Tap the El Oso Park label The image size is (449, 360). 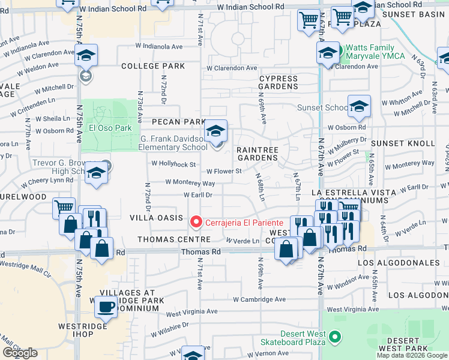point(109,127)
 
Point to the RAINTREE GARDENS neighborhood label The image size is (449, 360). point(258,153)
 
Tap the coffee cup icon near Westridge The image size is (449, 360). point(107,307)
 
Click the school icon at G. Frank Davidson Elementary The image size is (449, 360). point(215,131)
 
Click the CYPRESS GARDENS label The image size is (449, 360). point(278,82)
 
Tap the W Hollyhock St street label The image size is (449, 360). point(173,163)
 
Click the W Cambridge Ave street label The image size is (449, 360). point(259,299)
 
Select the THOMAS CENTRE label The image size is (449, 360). point(166,239)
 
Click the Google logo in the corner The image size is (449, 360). point(20,353)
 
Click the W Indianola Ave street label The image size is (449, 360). point(158,46)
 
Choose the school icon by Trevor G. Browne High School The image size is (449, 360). point(95,173)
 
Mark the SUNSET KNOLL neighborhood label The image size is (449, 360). point(402,143)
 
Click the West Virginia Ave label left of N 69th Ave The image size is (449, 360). point(192,312)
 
